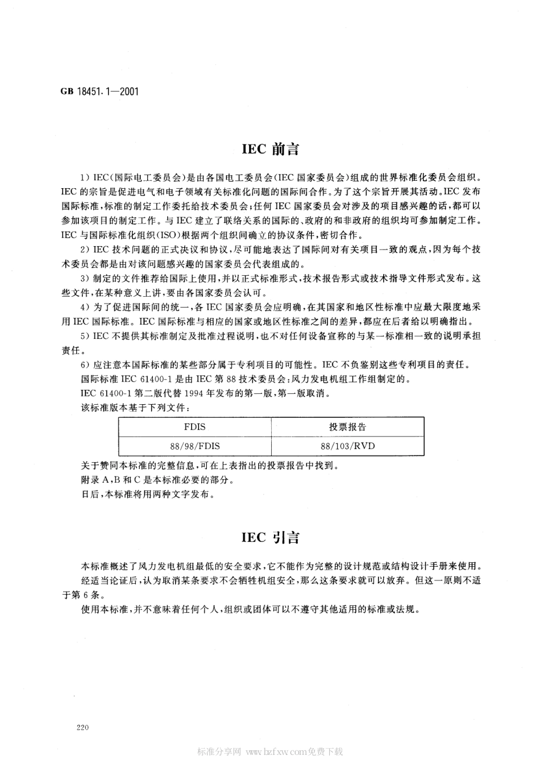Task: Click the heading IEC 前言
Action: coord(270,150)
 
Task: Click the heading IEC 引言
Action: coord(270,537)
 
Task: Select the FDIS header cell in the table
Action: coord(194,427)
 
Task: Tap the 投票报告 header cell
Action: coord(347,427)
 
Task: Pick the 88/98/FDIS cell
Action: coord(194,446)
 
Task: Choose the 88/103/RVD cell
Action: coord(347,446)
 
